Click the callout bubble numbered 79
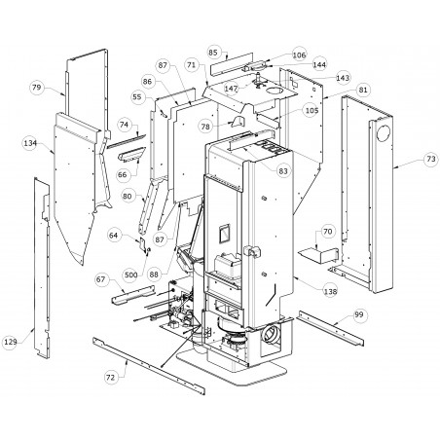pos(37,88)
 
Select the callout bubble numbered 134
pos(30,143)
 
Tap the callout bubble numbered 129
pos(11,342)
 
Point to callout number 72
pos(110,377)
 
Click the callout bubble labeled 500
pos(131,275)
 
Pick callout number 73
pos(431,159)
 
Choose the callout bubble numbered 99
pos(359,314)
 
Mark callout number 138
pos(330,291)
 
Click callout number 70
pos(328,232)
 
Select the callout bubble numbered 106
pos(299,55)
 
